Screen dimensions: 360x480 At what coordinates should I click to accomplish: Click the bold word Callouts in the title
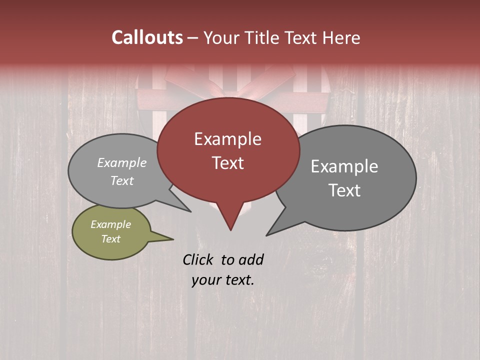(x=147, y=37)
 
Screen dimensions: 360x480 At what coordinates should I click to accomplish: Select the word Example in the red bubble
(x=227, y=139)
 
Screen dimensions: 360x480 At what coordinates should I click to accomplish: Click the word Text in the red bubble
(x=227, y=163)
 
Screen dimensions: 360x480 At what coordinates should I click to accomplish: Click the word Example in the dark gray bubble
(x=344, y=166)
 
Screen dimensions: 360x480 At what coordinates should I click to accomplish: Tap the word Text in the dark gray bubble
(x=344, y=190)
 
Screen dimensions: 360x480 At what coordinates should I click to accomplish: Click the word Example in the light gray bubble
(x=122, y=163)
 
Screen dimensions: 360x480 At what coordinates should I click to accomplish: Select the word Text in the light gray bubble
(x=122, y=181)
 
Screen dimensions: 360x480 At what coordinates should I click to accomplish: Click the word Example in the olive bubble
(x=110, y=224)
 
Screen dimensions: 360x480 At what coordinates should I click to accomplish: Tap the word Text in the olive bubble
(x=110, y=239)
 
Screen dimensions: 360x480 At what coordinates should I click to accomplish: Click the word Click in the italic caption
(x=198, y=259)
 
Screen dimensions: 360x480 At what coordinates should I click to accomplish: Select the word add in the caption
(x=251, y=259)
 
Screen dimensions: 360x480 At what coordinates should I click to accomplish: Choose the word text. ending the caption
(x=237, y=280)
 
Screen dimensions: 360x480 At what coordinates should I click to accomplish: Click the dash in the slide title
(x=193, y=38)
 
